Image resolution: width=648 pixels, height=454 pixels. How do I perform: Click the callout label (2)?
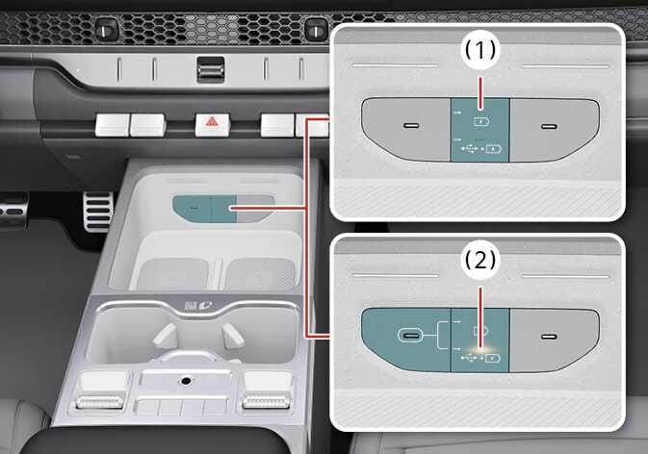pyautogui.click(x=479, y=260)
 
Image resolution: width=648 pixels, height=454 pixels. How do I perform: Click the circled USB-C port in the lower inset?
pyautogui.click(x=411, y=337)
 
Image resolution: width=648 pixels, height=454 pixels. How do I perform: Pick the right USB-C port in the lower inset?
pyautogui.click(x=550, y=337)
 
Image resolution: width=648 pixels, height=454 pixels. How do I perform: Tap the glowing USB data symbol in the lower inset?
pyautogui.click(x=469, y=357)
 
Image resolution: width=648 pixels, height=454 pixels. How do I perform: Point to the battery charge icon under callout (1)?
pyautogui.click(x=482, y=114)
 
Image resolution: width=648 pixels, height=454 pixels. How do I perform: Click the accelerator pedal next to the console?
pyautogui.click(x=97, y=211)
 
